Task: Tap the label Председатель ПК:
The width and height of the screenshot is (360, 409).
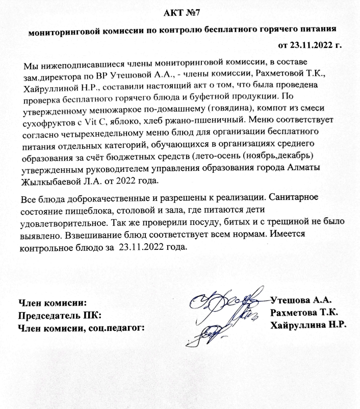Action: point(60,313)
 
